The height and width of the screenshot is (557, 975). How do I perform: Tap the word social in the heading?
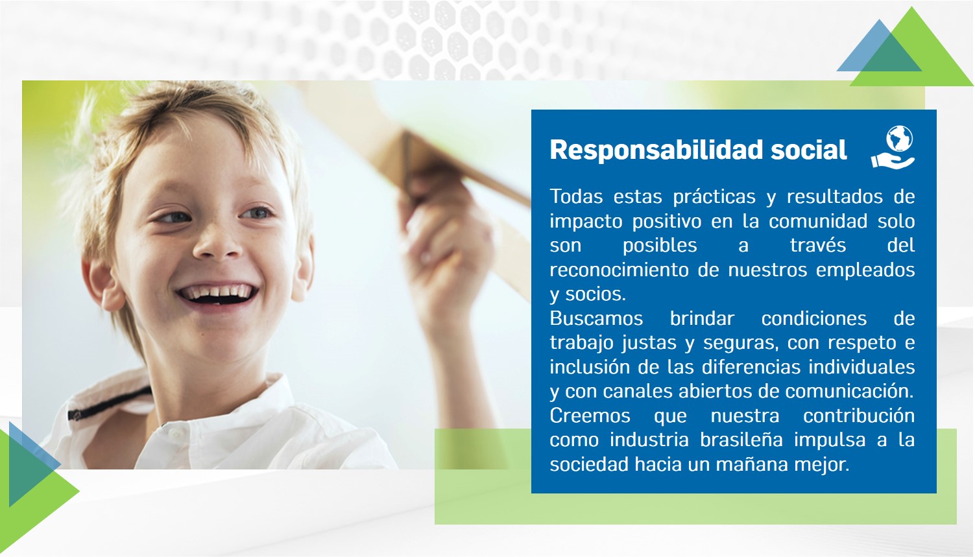[809, 150]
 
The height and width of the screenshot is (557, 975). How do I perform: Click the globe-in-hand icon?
[893, 147]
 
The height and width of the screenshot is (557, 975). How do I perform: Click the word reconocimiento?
[618, 270]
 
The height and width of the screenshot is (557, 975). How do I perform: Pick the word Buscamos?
[596, 318]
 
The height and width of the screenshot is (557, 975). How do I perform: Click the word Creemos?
[590, 416]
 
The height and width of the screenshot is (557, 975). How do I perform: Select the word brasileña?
[741, 440]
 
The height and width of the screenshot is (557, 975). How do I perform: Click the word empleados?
[865, 270]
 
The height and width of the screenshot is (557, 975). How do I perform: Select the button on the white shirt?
[175, 433]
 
